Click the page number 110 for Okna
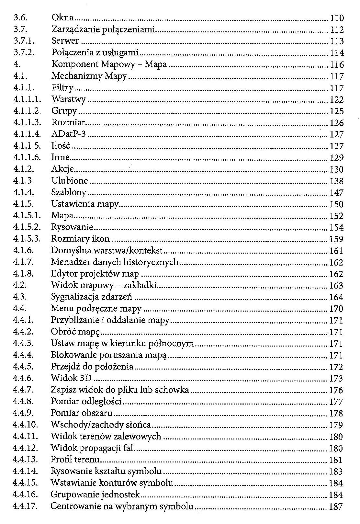tap(337, 18)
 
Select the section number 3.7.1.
tap(24, 41)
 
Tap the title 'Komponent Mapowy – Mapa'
tap(109, 64)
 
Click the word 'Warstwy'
tap(69, 99)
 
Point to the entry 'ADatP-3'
tap(69, 134)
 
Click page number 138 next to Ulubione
tap(336, 181)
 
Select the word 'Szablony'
tap(69, 192)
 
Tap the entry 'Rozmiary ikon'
tap(80, 239)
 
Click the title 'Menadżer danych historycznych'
tap(115, 262)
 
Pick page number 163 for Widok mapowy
tap(336, 286)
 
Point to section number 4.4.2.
tap(23, 332)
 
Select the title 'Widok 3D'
tap(71, 378)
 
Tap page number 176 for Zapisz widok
tap(336, 390)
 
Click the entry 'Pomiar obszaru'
tap(82, 413)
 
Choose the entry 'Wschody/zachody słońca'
tap(101, 425)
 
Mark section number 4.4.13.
tap(25, 460)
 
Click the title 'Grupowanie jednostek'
tap(95, 495)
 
